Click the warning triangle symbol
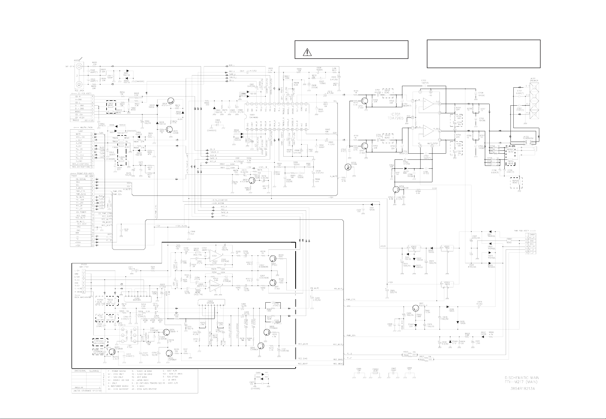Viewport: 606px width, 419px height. coord(307,52)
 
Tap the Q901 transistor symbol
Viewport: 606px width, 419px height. coord(415,308)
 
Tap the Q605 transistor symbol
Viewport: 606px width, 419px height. coord(169,130)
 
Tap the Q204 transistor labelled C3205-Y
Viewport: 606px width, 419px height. coord(166,332)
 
